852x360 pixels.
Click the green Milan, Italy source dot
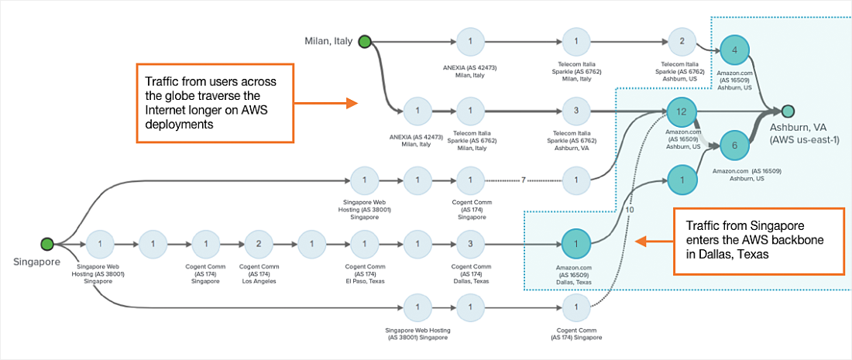tap(366, 42)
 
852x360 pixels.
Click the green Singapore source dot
tap(46, 245)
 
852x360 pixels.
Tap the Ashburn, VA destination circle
tap(788, 111)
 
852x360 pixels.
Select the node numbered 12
tap(682, 112)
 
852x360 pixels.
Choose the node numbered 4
tap(734, 51)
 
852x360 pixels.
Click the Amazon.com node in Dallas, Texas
tap(576, 243)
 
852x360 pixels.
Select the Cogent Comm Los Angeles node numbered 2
tap(259, 244)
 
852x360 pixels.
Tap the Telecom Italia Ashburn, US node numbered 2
tap(682, 42)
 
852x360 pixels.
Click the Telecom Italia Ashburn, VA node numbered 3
tap(576, 111)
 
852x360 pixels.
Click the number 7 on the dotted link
tap(524, 180)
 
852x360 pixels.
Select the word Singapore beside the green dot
tap(36, 262)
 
